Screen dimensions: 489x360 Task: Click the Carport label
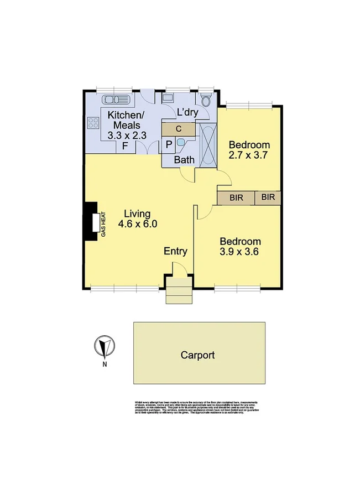pos(197,356)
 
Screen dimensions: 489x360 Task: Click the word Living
pos(137,214)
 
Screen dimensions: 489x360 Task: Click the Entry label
pos(175,251)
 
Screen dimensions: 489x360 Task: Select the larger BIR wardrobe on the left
pos(236,197)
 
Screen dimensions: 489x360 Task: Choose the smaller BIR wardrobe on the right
pos(268,197)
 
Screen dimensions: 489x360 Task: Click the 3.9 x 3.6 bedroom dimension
pos(241,252)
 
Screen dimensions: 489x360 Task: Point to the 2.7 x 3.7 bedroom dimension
pos(248,155)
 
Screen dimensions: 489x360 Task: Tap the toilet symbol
pos(206,100)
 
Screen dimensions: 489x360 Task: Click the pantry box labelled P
pos(169,145)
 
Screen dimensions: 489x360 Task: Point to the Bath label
pos(184,160)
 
